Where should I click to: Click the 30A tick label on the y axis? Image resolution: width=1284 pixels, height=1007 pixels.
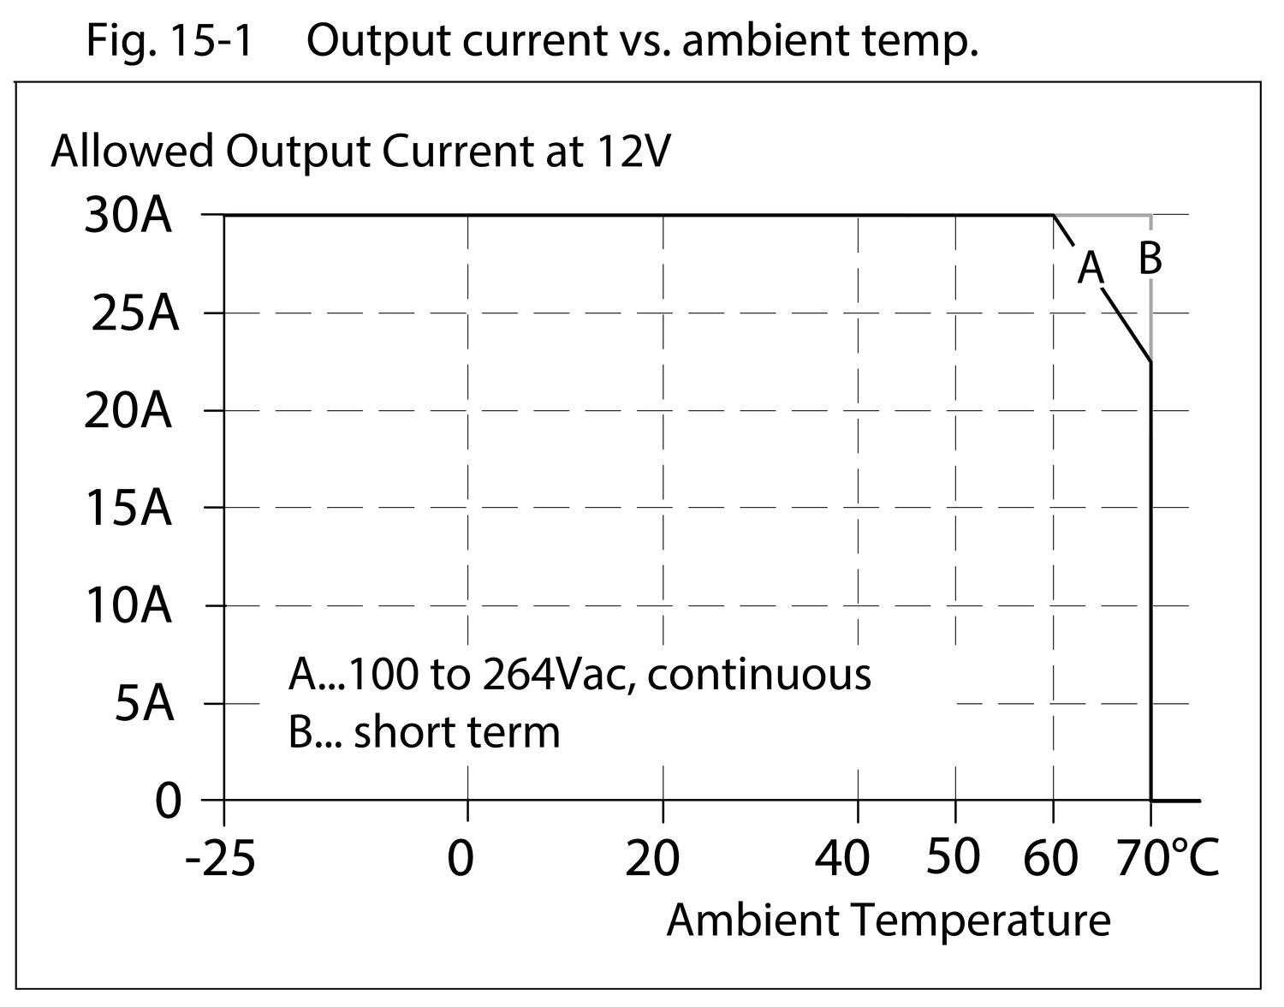coord(128,217)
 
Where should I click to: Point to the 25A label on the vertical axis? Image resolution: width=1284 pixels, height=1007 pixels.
coord(134,314)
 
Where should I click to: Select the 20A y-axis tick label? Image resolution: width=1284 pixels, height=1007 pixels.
coord(128,412)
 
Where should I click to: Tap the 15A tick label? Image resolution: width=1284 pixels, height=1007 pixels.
coord(128,509)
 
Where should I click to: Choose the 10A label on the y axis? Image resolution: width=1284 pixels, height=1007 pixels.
coord(128,607)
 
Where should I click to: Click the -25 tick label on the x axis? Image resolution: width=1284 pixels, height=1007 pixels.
coord(220,858)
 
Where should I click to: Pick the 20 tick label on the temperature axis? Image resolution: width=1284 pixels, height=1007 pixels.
coord(652,858)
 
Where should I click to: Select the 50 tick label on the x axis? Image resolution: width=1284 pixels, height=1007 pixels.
coord(953,856)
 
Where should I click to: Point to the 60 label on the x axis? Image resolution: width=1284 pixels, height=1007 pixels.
coord(1050,858)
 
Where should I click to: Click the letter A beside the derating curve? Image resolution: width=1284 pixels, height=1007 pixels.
coord(1091,267)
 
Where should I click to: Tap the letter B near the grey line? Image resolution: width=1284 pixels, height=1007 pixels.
coord(1150,258)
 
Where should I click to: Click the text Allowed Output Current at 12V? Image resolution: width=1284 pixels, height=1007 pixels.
coord(360,152)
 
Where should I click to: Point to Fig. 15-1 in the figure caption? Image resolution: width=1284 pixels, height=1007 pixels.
coord(169,40)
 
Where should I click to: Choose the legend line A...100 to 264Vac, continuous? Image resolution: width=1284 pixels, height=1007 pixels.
coord(580,675)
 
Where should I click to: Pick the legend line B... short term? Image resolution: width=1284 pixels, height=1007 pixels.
coord(424,732)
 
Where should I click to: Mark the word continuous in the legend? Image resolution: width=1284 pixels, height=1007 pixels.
coord(759,675)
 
